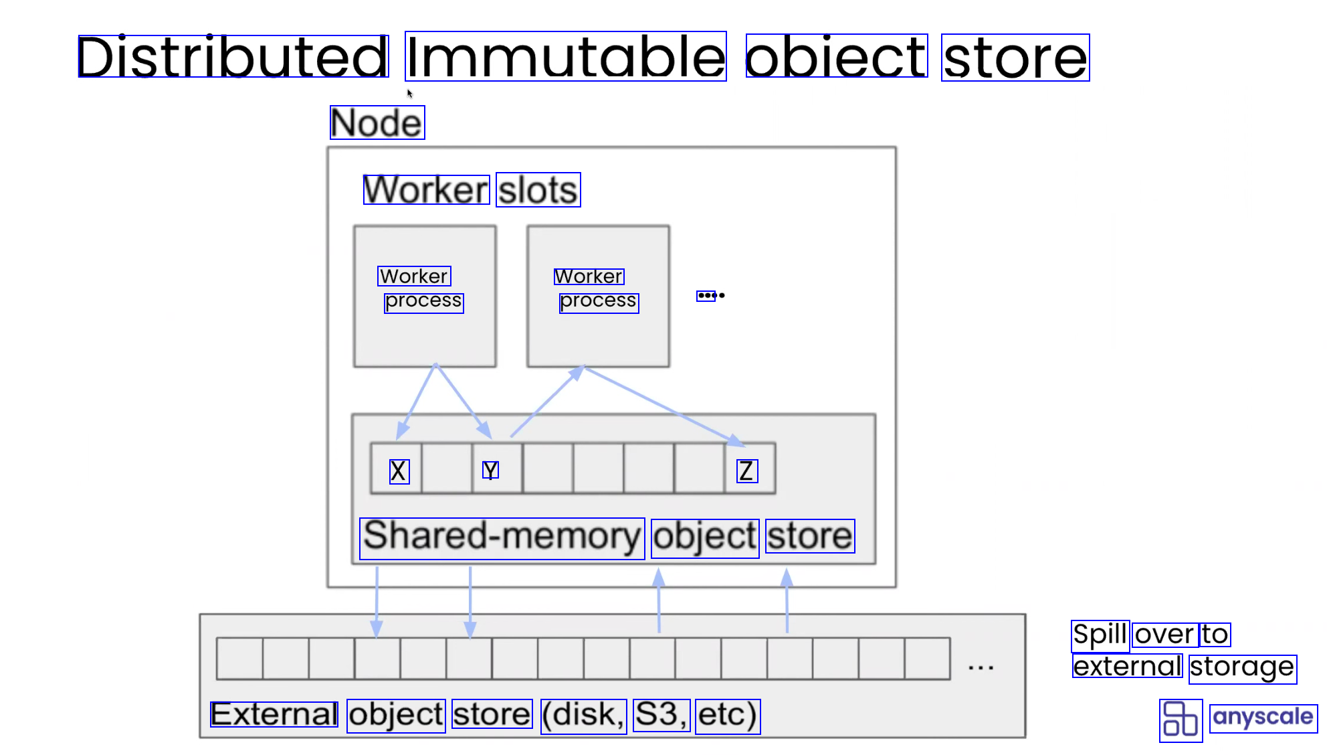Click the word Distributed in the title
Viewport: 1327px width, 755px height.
[233, 57]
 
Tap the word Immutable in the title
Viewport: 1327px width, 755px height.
[565, 57]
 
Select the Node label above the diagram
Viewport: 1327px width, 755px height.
[377, 122]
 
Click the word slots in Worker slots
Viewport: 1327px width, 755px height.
[538, 190]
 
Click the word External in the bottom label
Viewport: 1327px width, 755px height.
[274, 715]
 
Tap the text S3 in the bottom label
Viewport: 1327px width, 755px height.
[661, 715]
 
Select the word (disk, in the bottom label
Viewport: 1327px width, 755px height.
[583, 715]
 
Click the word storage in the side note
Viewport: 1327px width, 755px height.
[1242, 668]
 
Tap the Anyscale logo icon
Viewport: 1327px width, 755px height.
[1181, 720]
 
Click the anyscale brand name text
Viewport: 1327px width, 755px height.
[1263, 718]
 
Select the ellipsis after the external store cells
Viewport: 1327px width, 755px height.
[981, 667]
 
